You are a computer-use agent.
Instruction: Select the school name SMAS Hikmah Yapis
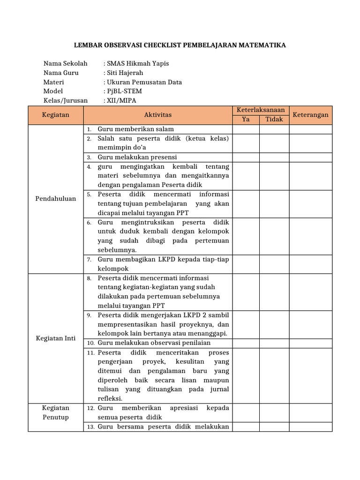click(138, 63)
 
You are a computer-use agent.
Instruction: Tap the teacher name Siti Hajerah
click(125, 73)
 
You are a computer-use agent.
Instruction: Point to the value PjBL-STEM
click(124, 91)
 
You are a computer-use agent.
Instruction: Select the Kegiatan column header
click(55, 115)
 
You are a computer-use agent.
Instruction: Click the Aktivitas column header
click(158, 115)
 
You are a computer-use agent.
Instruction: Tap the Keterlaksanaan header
click(261, 110)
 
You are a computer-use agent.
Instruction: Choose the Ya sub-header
click(246, 120)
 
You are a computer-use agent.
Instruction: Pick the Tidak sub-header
click(274, 120)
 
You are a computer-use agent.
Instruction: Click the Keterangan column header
click(310, 115)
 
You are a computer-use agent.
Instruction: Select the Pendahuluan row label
click(55, 199)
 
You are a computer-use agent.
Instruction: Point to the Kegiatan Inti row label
click(55, 338)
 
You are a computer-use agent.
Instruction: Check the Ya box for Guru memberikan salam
click(246, 129)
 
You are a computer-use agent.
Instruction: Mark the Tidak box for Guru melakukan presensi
click(274, 157)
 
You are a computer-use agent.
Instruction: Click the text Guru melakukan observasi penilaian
click(150, 343)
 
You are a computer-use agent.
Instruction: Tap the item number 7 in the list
click(89, 260)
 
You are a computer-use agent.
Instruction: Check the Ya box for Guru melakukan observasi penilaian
click(246, 343)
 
